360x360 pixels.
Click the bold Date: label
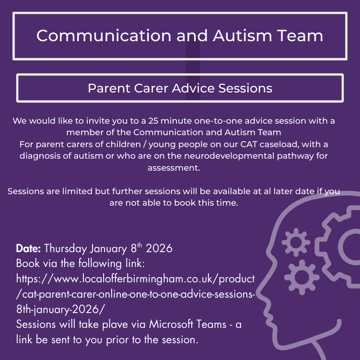point(29,249)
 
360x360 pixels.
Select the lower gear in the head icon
point(302,277)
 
